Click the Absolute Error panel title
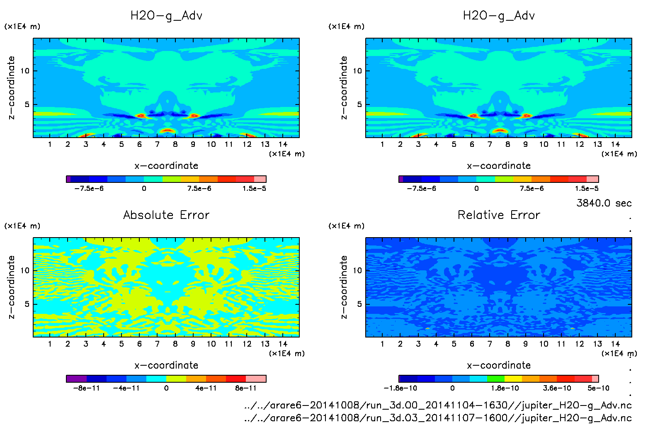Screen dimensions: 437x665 click(166, 215)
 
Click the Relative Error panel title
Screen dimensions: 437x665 click(499, 215)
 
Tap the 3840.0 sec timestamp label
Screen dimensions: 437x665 click(604, 203)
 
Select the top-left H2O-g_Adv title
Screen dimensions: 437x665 click(166, 16)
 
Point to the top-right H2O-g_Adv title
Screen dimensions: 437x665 click(499, 16)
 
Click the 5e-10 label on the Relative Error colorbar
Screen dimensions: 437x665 click(598, 388)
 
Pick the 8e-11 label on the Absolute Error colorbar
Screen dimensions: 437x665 click(246, 388)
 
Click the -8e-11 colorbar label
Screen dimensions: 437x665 click(86, 388)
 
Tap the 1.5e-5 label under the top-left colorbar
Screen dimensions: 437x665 click(254, 189)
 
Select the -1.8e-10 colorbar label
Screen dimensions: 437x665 click(400, 388)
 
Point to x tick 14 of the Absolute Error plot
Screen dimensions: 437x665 click(283, 344)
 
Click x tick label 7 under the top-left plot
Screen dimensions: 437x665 click(157, 144)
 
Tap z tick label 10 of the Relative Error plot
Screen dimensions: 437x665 click(357, 270)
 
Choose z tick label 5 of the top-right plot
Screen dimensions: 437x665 click(359, 104)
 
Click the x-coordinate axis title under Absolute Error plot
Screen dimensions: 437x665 click(166, 365)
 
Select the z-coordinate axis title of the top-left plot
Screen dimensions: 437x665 click(12, 88)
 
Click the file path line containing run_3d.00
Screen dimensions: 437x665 click(438, 405)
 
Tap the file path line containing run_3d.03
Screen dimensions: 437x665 click(438, 418)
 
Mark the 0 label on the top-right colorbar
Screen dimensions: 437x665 click(476, 189)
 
